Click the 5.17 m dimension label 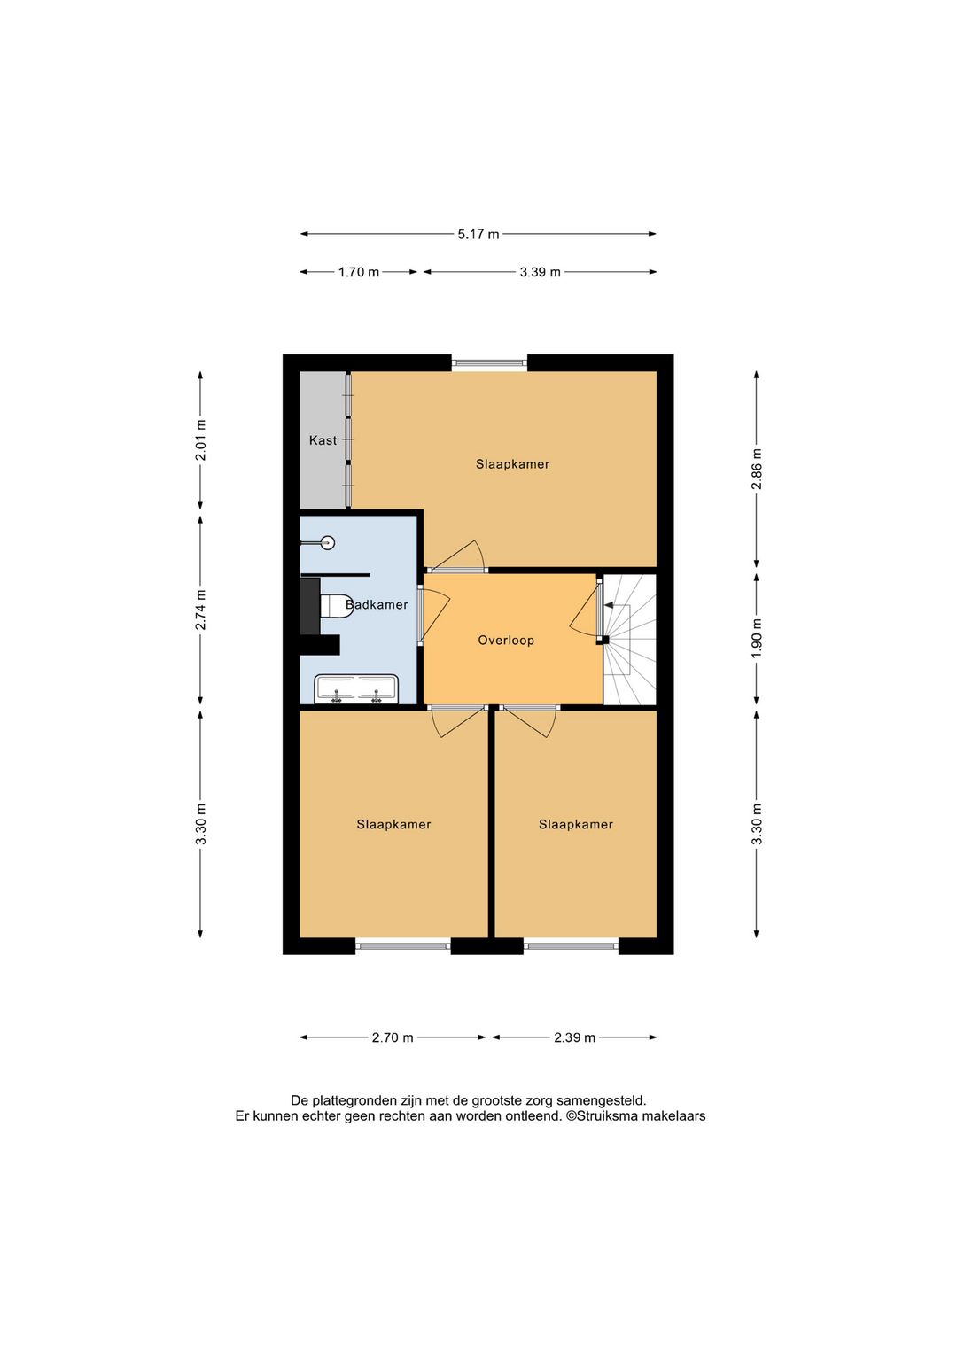[x=478, y=234]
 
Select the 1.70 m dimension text [x=359, y=272]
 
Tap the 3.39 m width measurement [x=540, y=272]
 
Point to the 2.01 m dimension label [x=200, y=440]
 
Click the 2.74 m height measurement [x=200, y=610]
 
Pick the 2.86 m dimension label [x=757, y=469]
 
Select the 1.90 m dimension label [x=757, y=638]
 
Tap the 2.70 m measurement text [x=393, y=1037]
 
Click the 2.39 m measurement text [x=575, y=1037]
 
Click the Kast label [x=323, y=440]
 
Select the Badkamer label [x=377, y=604]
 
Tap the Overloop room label [x=506, y=640]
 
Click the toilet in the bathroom [x=335, y=606]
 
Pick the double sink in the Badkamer [x=356, y=689]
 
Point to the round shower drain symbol [x=328, y=542]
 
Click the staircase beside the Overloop [x=630, y=639]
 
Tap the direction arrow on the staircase [x=618, y=605]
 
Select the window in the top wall [x=489, y=362]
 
